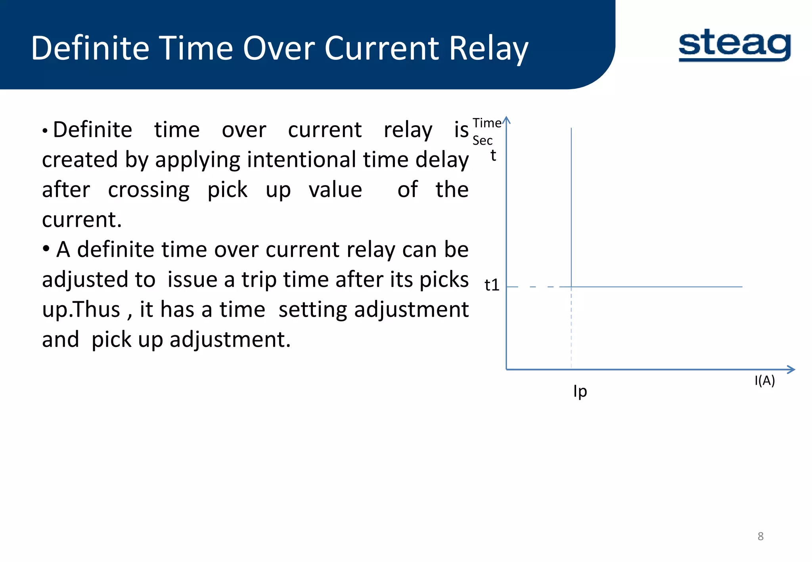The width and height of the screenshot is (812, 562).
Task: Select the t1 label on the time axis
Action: (492, 285)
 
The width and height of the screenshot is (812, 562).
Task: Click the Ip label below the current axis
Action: (580, 391)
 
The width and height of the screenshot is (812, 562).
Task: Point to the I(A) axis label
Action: (764, 380)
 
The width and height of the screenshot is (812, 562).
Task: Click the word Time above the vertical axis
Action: (487, 123)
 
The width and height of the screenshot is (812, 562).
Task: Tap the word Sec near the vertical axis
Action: (482, 141)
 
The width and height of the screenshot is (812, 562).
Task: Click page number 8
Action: (760, 536)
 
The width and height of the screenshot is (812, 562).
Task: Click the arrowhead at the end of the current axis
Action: (791, 369)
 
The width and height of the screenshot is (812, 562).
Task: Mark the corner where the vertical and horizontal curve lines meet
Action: (571, 287)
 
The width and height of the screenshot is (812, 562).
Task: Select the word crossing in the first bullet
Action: (149, 190)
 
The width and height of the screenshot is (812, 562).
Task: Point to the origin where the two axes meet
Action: (506, 369)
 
